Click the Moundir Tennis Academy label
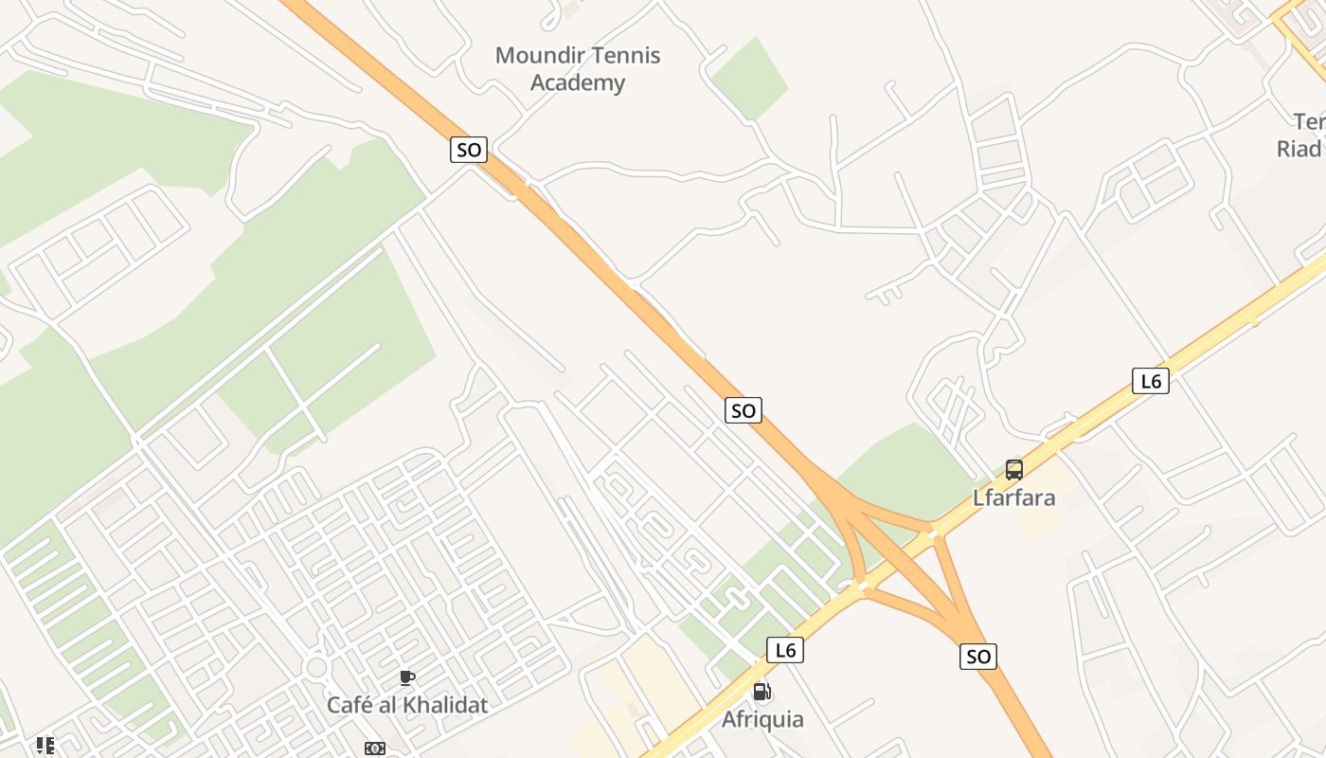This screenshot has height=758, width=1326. (578, 68)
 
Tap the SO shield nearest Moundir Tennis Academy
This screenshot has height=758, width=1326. (468, 149)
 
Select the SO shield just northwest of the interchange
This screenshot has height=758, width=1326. (744, 410)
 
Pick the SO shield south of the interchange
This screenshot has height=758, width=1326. (978, 656)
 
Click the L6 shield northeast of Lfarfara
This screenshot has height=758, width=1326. (1151, 382)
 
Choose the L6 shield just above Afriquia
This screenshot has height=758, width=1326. (784, 650)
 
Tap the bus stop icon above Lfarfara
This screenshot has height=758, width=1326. (1014, 469)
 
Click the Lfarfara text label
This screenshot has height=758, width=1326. (1014, 497)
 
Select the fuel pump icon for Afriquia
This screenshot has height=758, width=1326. (762, 693)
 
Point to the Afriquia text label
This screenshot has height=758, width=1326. (762, 719)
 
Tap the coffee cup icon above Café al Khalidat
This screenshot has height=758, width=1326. (407, 677)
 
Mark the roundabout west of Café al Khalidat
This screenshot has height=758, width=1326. (316, 668)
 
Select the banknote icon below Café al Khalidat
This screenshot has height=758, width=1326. (375, 749)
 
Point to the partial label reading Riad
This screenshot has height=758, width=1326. (1299, 149)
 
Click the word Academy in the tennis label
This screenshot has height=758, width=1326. (578, 82)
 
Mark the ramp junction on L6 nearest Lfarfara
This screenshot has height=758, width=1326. (933, 533)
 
